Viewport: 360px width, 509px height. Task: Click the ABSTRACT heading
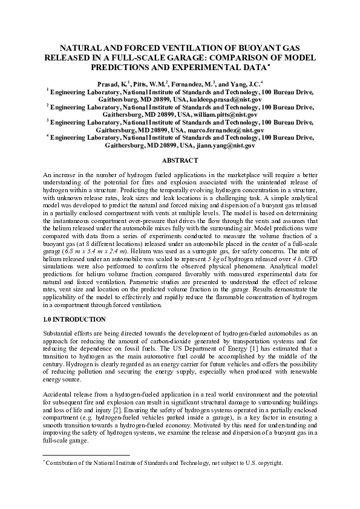coord(180,160)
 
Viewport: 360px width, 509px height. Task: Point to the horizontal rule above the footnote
coord(87,455)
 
